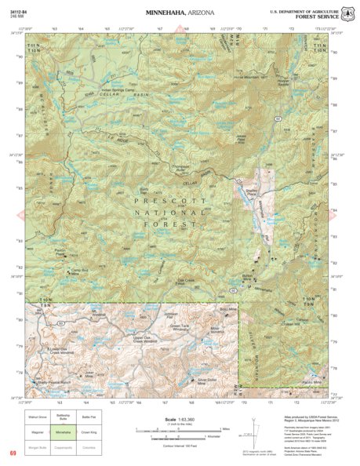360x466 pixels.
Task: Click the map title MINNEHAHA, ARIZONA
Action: [x=179, y=13]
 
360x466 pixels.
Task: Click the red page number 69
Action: [x=13, y=453]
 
